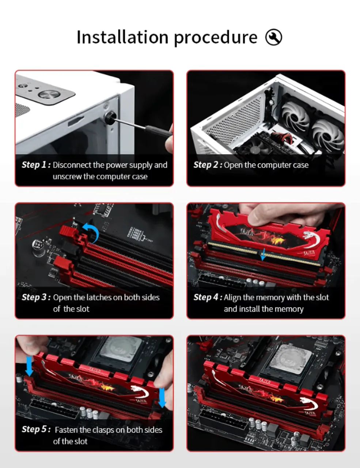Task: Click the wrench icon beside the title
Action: [x=273, y=37]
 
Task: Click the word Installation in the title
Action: [x=122, y=37]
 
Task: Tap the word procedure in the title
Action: [x=216, y=38]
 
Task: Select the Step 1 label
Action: [x=36, y=165]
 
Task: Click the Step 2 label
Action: [x=208, y=165]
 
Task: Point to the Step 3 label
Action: [x=36, y=297]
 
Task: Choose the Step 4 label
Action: [x=208, y=297]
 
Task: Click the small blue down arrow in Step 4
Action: [x=263, y=254]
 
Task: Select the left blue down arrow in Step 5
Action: [x=29, y=366]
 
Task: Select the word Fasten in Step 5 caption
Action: [x=66, y=430]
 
